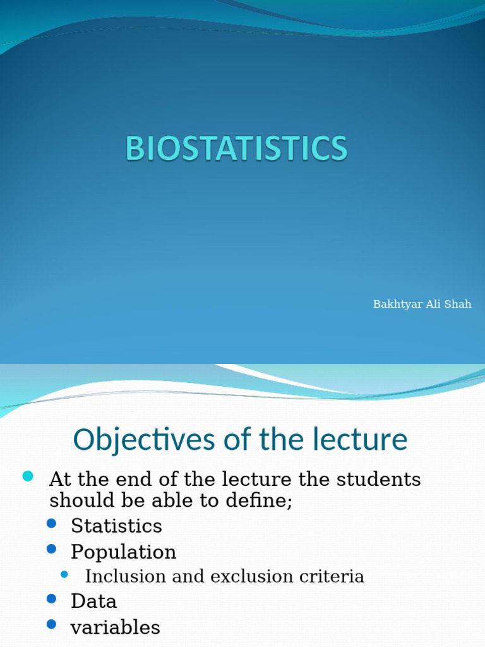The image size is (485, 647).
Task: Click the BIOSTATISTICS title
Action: pyautogui.click(x=236, y=149)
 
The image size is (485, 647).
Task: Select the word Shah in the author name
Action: pyautogui.click(x=458, y=305)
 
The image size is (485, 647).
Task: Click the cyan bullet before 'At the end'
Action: pyautogui.click(x=28, y=476)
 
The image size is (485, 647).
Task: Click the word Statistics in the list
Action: pyautogui.click(x=116, y=526)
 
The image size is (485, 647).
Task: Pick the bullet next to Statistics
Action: pyautogui.click(x=52, y=523)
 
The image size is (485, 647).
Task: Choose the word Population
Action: pyautogui.click(x=123, y=552)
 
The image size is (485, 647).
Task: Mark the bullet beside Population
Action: pyautogui.click(x=52, y=548)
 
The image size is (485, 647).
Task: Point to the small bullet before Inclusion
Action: pyautogui.click(x=64, y=574)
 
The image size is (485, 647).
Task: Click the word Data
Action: pyautogui.click(x=93, y=601)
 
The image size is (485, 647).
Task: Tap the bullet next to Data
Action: pyautogui.click(x=52, y=598)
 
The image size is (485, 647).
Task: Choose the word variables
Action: pyautogui.click(x=115, y=627)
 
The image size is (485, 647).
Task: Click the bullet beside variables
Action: pyautogui.click(x=52, y=624)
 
